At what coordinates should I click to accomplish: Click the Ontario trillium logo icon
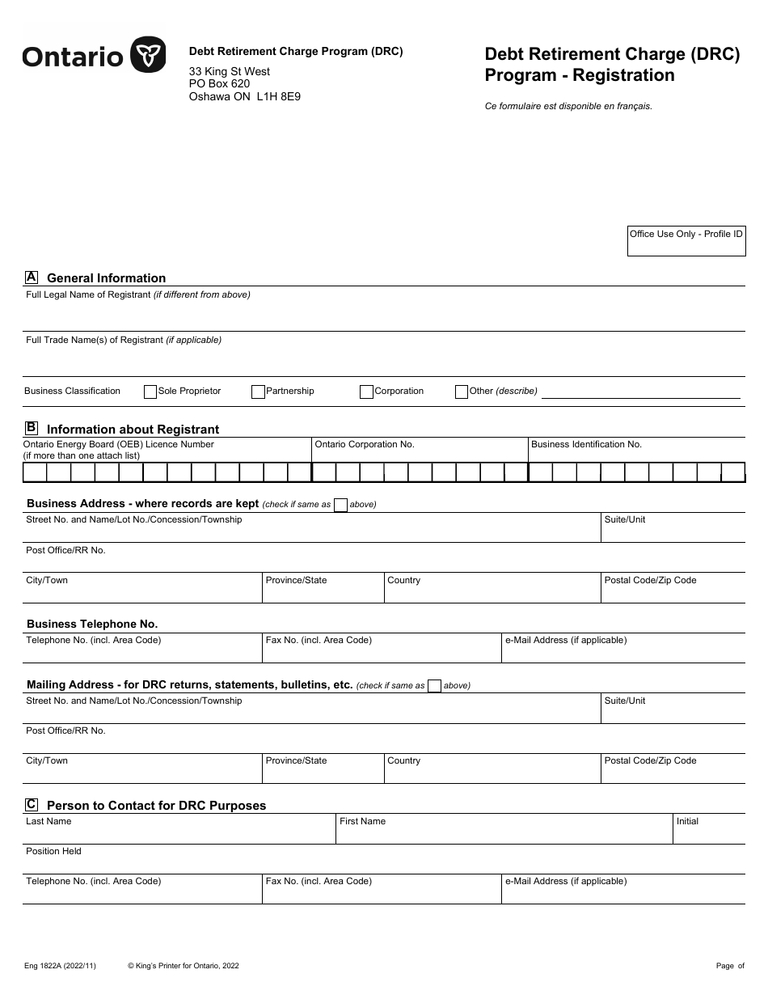point(148,55)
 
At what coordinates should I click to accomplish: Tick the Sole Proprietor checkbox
point(150,392)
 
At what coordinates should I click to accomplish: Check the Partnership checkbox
point(259,392)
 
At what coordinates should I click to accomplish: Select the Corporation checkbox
point(367,392)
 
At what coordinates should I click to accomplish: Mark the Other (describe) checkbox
point(462,392)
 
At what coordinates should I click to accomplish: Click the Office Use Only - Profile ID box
point(686,241)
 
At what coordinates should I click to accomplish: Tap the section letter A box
point(32,277)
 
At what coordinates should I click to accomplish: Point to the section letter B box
point(32,428)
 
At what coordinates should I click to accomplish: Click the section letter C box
point(32,804)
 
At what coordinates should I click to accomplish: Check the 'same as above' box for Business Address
point(340,505)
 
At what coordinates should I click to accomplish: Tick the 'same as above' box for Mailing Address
point(434,686)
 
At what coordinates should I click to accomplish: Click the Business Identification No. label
point(586,444)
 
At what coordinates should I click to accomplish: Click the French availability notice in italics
point(568,106)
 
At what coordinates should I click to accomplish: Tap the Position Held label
point(54,851)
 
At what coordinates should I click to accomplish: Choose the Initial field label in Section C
point(687,821)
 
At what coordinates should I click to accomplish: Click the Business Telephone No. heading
point(92,624)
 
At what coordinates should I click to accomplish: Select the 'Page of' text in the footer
point(730,966)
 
